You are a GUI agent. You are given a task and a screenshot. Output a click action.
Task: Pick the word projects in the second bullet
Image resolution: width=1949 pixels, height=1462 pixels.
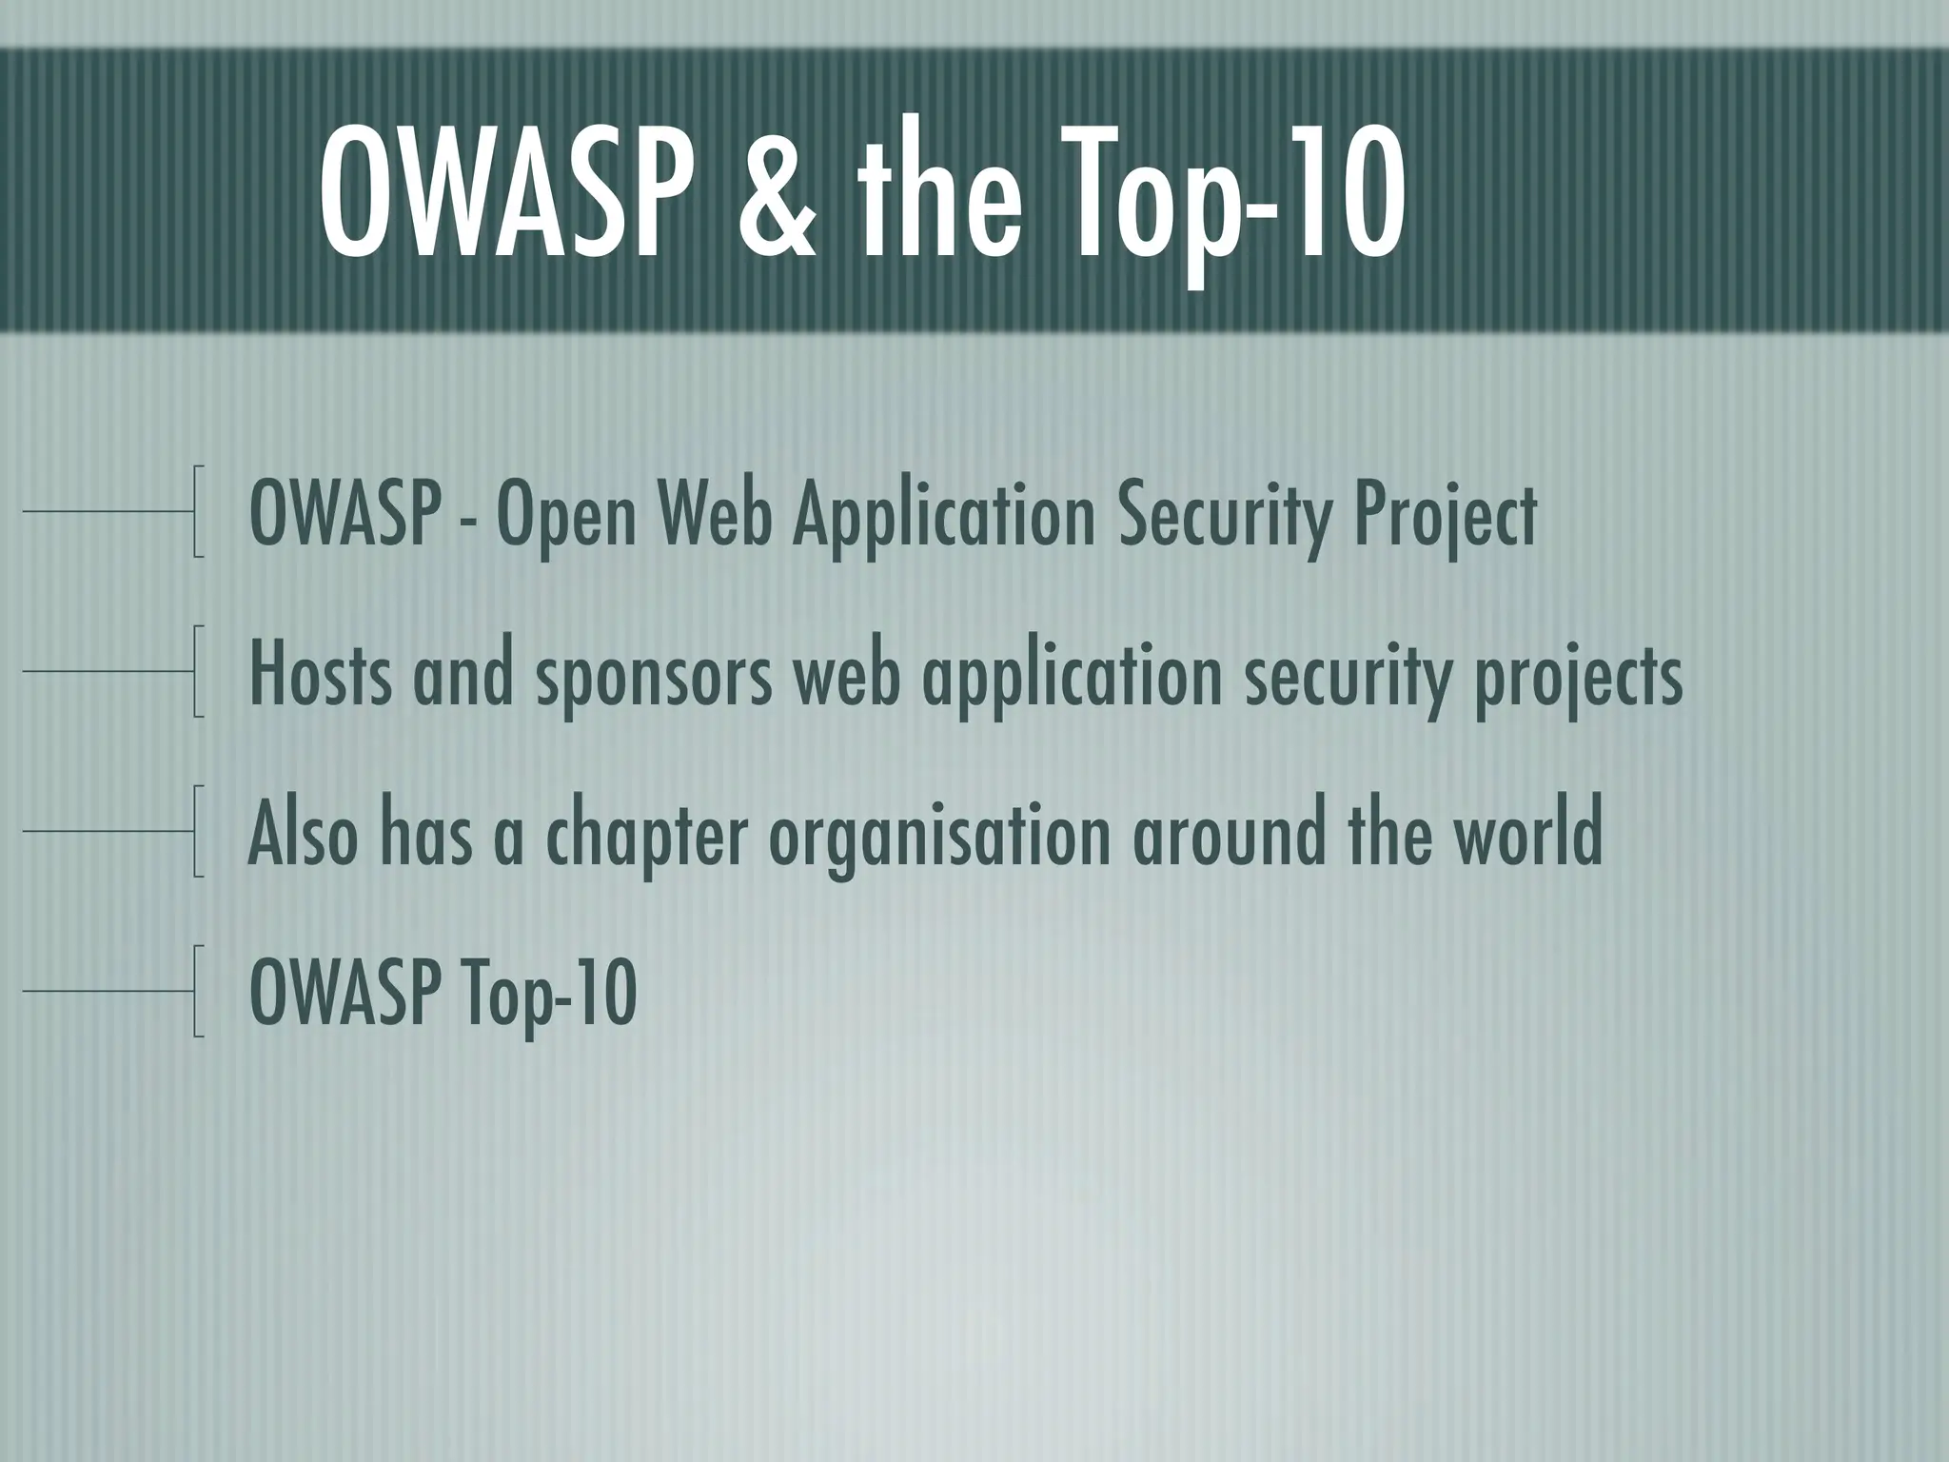pyautogui.click(x=1579, y=679)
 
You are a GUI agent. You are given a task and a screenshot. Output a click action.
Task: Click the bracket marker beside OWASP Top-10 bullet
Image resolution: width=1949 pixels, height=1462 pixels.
pyautogui.click(x=198, y=991)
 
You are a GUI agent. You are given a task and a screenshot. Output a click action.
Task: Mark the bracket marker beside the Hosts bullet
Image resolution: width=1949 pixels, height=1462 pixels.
pyautogui.click(x=198, y=671)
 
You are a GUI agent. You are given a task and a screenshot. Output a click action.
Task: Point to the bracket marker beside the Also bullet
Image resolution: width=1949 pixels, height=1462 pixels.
pyautogui.click(x=198, y=831)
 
